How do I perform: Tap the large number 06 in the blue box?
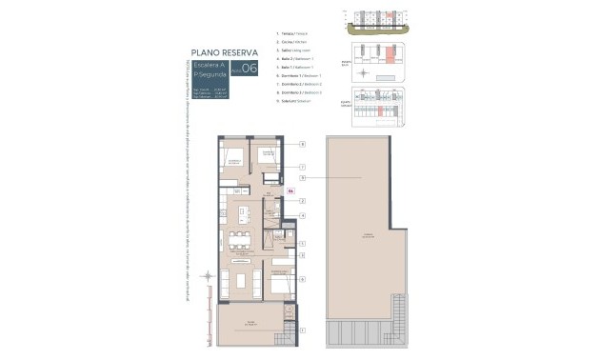tap(250, 69)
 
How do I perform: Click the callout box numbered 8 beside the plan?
tap(302, 144)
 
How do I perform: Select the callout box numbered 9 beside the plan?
tap(302, 178)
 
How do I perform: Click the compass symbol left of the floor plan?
tap(210, 278)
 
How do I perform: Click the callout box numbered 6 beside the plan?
tap(302, 279)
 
